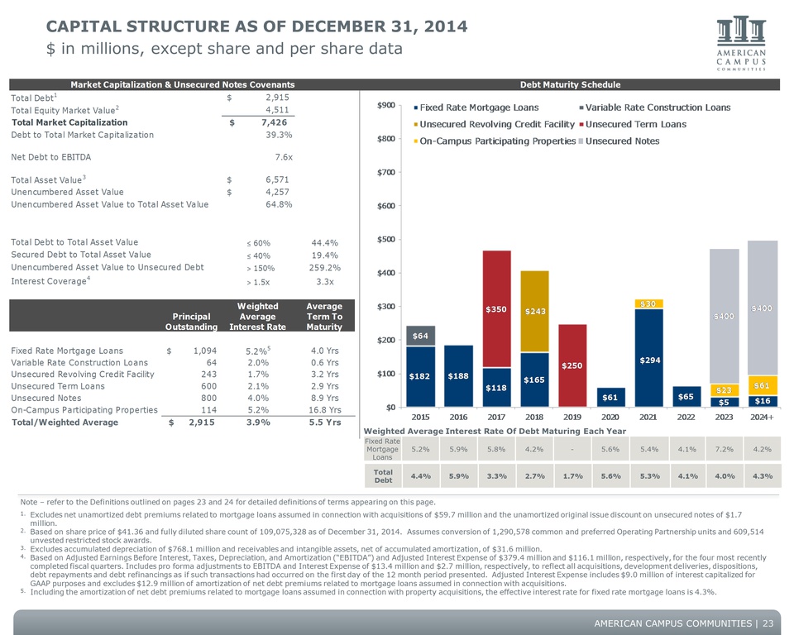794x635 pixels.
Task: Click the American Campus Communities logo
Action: tap(741, 44)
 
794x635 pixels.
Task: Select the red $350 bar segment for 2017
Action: tap(496, 309)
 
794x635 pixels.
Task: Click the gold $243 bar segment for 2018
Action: tap(535, 311)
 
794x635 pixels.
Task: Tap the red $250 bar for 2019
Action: tap(572, 365)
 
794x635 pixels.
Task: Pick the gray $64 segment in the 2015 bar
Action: tap(420, 336)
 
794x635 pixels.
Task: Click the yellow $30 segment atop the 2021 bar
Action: tap(648, 303)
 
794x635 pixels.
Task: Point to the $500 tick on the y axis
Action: tap(386, 239)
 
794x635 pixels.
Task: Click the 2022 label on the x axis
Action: tap(686, 417)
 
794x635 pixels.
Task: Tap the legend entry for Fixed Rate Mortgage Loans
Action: tap(476, 107)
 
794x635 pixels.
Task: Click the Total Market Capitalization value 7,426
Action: tap(274, 122)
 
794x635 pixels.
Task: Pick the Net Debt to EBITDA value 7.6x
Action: tap(284, 157)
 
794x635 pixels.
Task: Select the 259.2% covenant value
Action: tap(324, 268)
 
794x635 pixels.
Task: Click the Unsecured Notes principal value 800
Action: tap(208, 398)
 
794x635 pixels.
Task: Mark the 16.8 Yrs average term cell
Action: tap(324, 410)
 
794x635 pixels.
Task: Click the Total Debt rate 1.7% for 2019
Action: tap(572, 476)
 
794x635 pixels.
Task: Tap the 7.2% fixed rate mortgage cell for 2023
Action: tap(725, 449)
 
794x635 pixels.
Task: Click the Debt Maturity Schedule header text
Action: tap(570, 84)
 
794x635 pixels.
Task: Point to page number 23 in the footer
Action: tap(768, 623)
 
